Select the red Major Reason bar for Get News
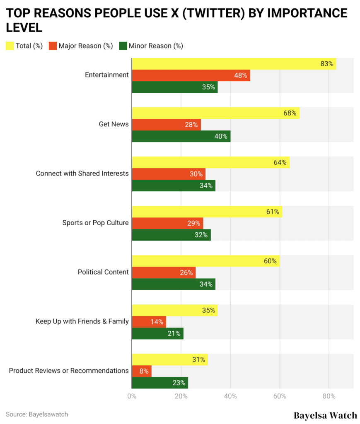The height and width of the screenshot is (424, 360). (166, 125)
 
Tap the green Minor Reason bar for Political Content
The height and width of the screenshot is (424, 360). (173, 284)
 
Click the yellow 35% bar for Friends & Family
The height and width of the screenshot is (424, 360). (174, 311)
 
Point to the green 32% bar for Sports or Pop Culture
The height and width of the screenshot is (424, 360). (171, 235)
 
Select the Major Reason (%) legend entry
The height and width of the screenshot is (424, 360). (81, 46)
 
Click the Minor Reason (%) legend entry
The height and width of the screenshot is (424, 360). (151, 46)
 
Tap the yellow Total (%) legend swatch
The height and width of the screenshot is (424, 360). (10, 46)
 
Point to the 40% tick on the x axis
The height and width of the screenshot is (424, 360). (230, 396)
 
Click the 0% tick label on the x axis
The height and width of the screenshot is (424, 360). (132, 396)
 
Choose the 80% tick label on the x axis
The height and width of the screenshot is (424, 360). (329, 396)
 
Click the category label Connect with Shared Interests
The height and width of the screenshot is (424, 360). (82, 173)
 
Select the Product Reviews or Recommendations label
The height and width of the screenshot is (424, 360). (69, 371)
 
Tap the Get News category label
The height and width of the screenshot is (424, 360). (114, 124)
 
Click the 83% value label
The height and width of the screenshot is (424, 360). (327, 64)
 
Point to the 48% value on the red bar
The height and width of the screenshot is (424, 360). (240, 76)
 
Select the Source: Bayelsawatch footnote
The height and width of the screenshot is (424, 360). (37, 414)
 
